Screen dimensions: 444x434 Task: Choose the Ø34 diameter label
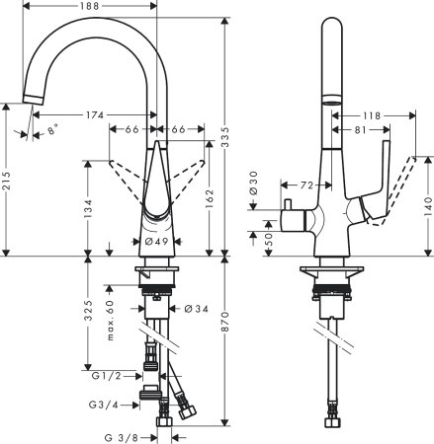[196, 310]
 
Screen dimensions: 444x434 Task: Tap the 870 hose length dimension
[226, 346]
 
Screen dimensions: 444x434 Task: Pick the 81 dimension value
[362, 128]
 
